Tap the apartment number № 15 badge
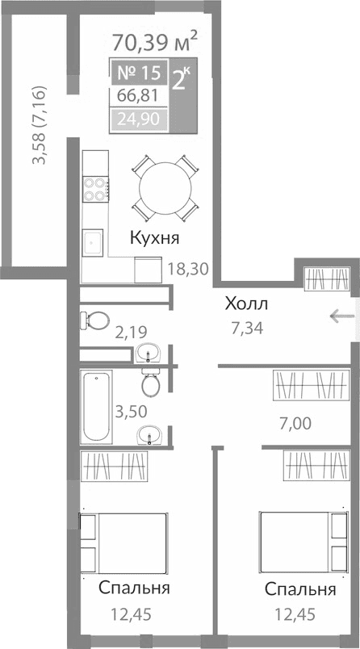point(139,73)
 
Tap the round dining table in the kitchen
point(165,188)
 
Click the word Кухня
point(154,238)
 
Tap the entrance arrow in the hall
point(340,316)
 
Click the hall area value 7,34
point(246,328)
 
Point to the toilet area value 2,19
point(132,331)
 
